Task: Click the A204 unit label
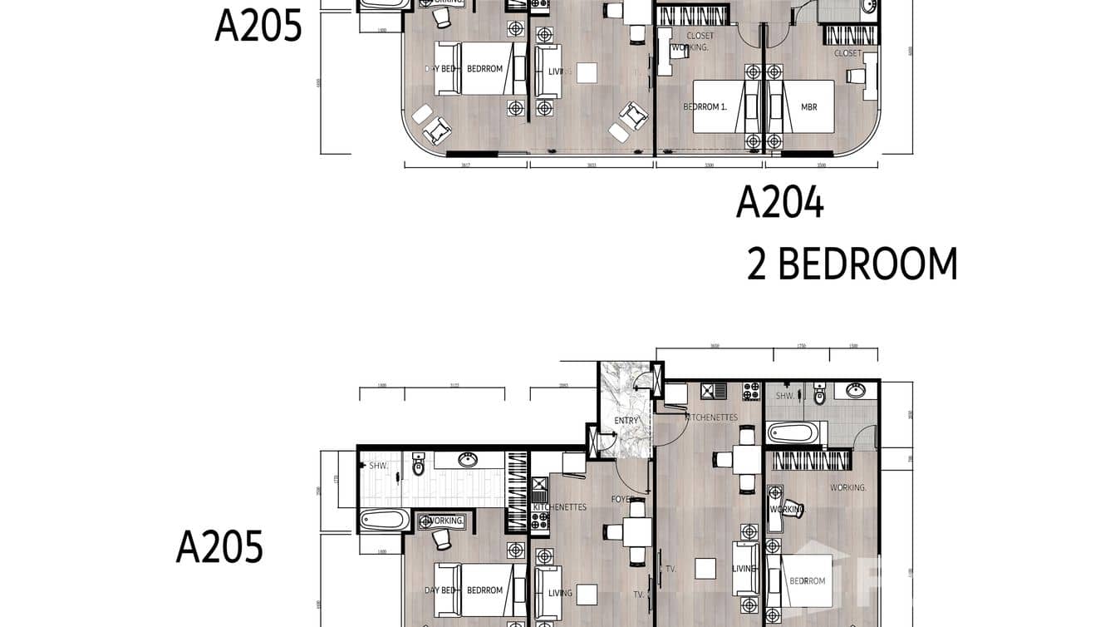pyautogui.click(x=779, y=203)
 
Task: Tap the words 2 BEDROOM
pyautogui.click(x=852, y=264)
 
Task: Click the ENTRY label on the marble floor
pyautogui.click(x=626, y=420)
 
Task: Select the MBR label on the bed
pyautogui.click(x=808, y=106)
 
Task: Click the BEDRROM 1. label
pyautogui.click(x=705, y=106)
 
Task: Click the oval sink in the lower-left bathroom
pyautogui.click(x=468, y=460)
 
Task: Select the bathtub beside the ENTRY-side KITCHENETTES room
pyautogui.click(x=796, y=433)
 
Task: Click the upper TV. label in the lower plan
pyautogui.click(x=670, y=570)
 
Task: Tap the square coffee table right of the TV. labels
pyautogui.click(x=705, y=569)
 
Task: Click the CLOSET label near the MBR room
pyautogui.click(x=847, y=53)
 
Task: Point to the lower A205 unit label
pyautogui.click(x=219, y=548)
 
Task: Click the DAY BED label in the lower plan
pyautogui.click(x=440, y=590)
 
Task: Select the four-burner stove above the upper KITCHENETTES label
pyautogui.click(x=750, y=391)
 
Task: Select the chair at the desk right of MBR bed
pyautogui.click(x=855, y=77)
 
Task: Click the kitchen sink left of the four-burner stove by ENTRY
pyautogui.click(x=714, y=391)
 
